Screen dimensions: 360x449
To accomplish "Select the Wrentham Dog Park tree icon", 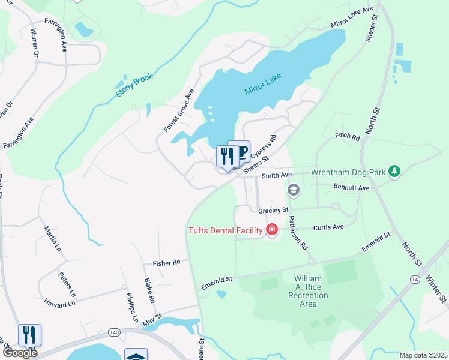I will (394, 172).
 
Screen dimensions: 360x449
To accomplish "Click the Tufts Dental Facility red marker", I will (272, 230).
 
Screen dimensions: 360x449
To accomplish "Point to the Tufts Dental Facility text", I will (226, 230).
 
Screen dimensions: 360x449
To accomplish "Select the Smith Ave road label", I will (277, 175).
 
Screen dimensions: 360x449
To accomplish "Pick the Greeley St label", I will (273, 211).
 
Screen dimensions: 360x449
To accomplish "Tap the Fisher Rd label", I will (167, 262).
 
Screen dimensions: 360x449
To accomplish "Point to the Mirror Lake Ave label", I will (352, 17).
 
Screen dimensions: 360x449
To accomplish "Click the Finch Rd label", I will (347, 137).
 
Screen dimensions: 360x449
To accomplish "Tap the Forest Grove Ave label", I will (179, 111).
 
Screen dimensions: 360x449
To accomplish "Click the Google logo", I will (20, 353).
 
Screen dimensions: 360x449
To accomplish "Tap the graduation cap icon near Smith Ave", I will (293, 191).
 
